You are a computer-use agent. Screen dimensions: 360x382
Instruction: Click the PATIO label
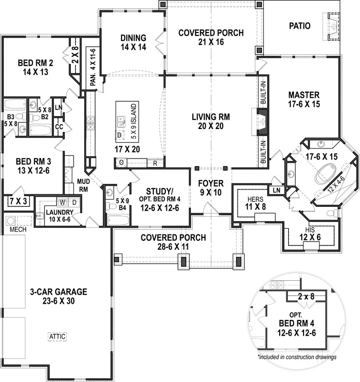[299, 26]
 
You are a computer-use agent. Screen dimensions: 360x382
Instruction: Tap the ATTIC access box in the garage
[57, 337]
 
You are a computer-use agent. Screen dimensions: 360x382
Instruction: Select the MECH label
[18, 230]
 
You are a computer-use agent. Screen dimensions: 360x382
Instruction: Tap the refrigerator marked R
[155, 163]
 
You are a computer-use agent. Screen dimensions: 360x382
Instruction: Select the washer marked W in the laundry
[63, 202]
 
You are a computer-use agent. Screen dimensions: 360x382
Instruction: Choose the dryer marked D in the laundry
[74, 202]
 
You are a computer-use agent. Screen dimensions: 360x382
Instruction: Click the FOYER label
[211, 183]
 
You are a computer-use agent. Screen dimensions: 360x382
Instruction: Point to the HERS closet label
[255, 199]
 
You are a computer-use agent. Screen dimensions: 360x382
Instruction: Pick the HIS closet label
[310, 230]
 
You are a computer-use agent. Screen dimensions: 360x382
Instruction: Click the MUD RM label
[83, 185]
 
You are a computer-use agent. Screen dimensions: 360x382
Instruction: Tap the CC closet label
[59, 127]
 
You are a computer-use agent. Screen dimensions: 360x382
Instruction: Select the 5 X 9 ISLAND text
[134, 121]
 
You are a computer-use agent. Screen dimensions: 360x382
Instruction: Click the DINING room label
[133, 38]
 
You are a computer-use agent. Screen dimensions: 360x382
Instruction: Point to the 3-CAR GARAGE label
[58, 292]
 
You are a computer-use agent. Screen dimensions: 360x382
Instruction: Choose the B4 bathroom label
[122, 208]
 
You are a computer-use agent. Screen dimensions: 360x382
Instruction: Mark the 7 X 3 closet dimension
[18, 202]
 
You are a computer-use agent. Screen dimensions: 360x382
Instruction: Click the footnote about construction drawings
[297, 357]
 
